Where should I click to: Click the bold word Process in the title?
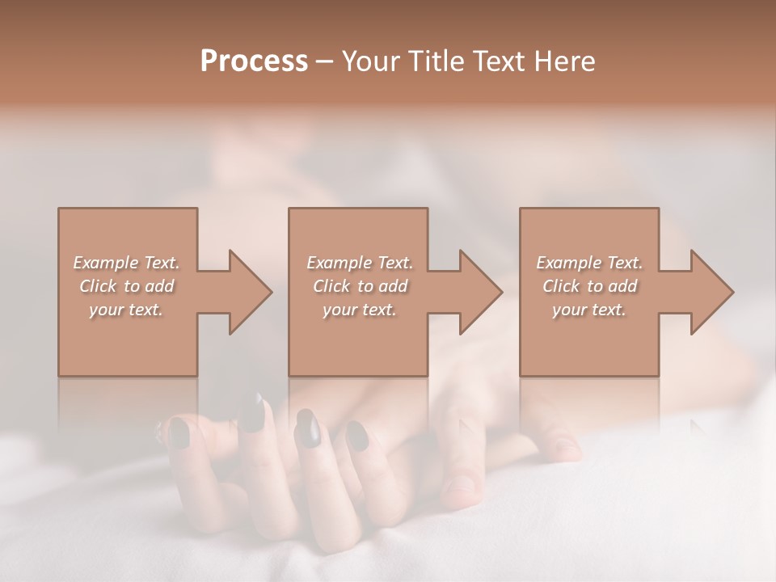click(x=254, y=61)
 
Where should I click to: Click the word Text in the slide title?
click(x=501, y=61)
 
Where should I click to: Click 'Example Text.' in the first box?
click(x=127, y=263)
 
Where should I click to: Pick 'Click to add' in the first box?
click(x=127, y=286)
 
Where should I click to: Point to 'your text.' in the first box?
click(x=127, y=310)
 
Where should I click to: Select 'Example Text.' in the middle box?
click(x=359, y=263)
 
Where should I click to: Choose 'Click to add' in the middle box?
click(x=359, y=286)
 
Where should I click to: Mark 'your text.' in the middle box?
click(x=359, y=310)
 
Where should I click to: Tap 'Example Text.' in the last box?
click(x=589, y=263)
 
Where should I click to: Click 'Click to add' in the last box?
click(x=589, y=286)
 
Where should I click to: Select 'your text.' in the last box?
click(x=589, y=310)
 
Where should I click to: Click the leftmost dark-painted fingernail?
click(x=179, y=435)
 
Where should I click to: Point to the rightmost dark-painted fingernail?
click(x=356, y=435)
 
